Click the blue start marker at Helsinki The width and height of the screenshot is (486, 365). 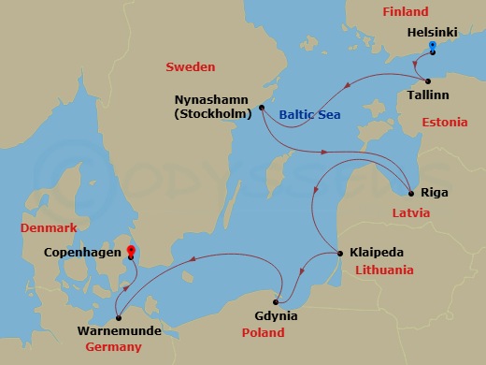tap(432, 45)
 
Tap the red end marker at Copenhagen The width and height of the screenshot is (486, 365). tap(131, 250)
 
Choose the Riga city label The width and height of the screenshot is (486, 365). tap(435, 193)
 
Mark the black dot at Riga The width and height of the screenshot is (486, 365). tap(410, 193)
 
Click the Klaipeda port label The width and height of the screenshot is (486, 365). tap(378, 252)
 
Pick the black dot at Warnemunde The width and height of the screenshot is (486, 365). tap(117, 316)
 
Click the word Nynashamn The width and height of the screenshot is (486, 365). tap(214, 99)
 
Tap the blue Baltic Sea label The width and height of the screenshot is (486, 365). tap(308, 115)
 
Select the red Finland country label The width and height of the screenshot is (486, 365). tap(404, 12)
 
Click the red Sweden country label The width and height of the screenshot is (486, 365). tap(190, 67)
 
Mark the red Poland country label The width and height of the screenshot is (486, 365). tap(263, 333)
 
